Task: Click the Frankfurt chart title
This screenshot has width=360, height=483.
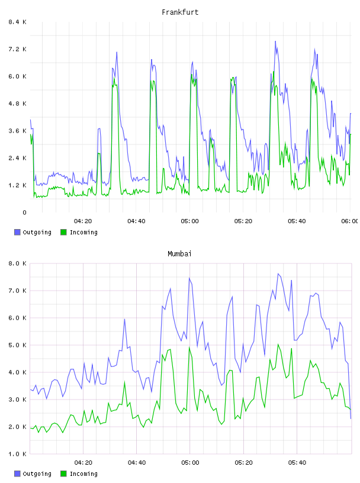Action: click(x=180, y=12)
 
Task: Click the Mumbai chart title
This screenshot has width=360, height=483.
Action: click(x=179, y=254)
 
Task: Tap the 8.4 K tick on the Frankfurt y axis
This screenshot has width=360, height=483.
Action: click(x=18, y=22)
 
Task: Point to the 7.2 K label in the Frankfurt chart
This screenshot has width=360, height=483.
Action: click(x=18, y=49)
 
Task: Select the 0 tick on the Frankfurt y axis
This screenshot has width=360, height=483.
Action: click(x=24, y=212)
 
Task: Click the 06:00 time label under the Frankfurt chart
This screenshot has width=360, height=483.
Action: click(x=350, y=221)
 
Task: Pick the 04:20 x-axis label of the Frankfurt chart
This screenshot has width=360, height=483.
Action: click(x=83, y=221)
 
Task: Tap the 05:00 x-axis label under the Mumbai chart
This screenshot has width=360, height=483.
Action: click(x=190, y=462)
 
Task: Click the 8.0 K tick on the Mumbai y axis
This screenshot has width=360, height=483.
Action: click(x=18, y=263)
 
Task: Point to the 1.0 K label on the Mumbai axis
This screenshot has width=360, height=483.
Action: click(x=18, y=454)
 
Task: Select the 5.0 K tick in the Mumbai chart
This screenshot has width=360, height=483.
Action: click(x=18, y=345)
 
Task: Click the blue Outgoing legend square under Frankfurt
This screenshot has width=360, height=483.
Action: click(x=17, y=232)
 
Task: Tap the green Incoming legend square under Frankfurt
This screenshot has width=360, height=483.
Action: click(x=63, y=232)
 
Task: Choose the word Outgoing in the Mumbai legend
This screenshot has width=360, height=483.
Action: click(x=37, y=474)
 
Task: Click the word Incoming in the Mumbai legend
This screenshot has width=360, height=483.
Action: click(x=83, y=474)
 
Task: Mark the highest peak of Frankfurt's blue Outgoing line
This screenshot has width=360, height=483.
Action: click(x=275, y=41)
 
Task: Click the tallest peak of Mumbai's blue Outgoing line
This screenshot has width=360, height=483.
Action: click(x=278, y=273)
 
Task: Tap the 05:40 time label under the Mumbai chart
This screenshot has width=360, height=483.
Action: click(x=297, y=462)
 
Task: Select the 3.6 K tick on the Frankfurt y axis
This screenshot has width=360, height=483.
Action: click(x=18, y=131)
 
